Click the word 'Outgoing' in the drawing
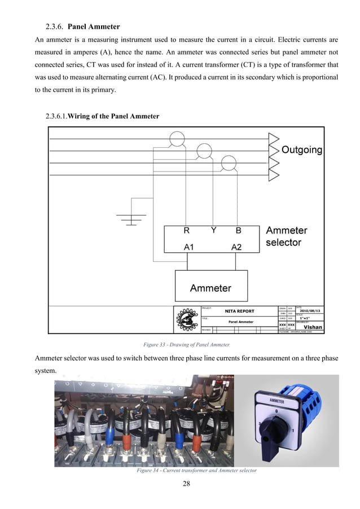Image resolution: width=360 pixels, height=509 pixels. click(x=302, y=150)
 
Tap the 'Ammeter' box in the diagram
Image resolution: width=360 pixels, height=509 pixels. click(x=210, y=288)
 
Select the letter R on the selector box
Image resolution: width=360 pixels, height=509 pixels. click(x=186, y=231)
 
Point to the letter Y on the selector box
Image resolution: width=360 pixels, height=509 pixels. click(x=213, y=230)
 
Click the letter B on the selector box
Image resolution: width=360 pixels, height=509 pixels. click(x=238, y=231)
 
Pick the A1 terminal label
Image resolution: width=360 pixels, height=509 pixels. click(x=190, y=247)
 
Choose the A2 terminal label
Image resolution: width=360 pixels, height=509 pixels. click(x=236, y=247)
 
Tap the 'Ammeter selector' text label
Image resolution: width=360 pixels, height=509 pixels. click(x=286, y=236)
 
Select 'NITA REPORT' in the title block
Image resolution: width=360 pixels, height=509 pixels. click(x=239, y=311)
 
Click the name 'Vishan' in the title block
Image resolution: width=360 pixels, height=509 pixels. click(x=313, y=326)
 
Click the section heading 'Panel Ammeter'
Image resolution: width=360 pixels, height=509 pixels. click(x=94, y=27)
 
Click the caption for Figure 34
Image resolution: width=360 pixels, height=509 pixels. click(x=196, y=471)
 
